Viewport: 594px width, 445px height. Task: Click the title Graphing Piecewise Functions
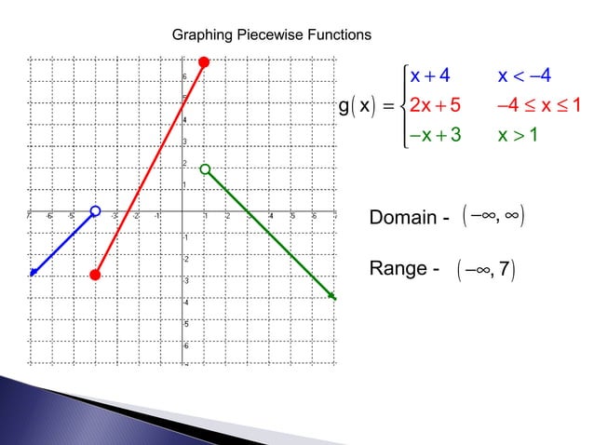pos(272,34)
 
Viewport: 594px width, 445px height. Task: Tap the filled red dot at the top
pos(205,61)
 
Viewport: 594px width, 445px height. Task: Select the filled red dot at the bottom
pos(95,275)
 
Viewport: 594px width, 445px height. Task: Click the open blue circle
pos(95,211)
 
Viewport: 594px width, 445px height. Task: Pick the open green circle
pos(205,169)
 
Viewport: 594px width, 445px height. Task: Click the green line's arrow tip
pos(332,297)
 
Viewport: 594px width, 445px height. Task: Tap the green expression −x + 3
pos(433,137)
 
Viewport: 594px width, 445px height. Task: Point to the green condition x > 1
pos(522,137)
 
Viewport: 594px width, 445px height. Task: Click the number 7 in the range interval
pos(505,271)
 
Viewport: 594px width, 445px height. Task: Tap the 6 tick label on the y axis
pos(184,76)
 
